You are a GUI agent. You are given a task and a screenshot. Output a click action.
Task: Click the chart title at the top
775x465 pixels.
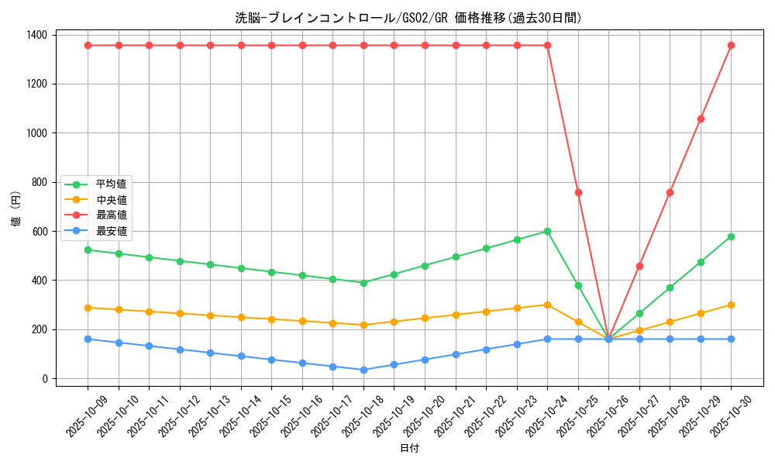[408, 18]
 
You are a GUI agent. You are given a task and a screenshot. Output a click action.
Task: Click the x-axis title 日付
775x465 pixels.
[409, 449]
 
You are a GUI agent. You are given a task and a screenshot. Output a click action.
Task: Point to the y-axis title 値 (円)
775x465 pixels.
[16, 209]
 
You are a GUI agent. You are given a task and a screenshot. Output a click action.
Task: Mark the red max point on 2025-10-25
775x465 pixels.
[578, 192]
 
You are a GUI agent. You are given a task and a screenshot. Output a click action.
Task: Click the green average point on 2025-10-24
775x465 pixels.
[547, 231]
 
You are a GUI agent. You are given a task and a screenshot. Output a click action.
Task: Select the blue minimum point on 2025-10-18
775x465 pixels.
[363, 370]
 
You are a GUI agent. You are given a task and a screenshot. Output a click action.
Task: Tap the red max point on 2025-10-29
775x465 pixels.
[701, 119]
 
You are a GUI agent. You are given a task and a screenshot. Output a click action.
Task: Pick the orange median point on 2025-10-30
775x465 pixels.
[731, 305]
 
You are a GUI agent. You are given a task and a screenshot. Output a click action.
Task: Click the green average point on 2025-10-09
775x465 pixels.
[88, 250]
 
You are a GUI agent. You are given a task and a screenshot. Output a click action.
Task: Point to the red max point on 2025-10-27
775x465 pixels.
[639, 266]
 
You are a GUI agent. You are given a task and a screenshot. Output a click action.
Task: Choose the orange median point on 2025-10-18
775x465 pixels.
[363, 325]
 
